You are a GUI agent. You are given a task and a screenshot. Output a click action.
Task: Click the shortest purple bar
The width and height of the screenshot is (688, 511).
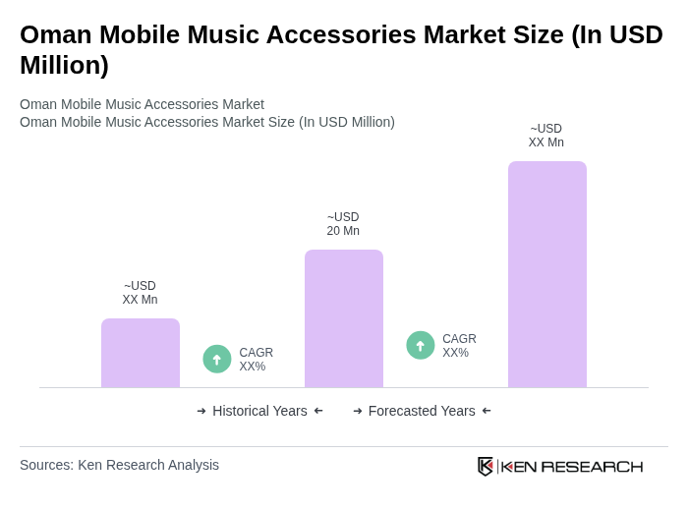[141, 353]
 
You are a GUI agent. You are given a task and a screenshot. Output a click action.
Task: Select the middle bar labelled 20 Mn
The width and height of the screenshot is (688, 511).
[343, 318]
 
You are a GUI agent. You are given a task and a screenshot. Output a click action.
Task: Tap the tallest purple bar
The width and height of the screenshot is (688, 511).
[546, 274]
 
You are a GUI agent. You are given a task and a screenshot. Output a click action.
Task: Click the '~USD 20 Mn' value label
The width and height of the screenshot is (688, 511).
[343, 224]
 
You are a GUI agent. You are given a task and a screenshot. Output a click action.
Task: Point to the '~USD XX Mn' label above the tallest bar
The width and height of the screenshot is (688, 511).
[546, 136]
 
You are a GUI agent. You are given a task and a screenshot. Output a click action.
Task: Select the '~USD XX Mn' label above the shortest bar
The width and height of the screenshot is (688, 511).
[140, 293]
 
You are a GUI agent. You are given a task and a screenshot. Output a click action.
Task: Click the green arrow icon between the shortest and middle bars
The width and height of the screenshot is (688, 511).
[217, 359]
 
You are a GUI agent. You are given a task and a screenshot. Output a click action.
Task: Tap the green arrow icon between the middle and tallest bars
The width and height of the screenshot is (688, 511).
[421, 345]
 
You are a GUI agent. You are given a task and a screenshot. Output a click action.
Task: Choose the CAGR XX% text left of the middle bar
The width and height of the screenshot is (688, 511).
[256, 360]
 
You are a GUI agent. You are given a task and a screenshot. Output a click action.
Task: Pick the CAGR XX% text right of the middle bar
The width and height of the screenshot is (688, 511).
[459, 346]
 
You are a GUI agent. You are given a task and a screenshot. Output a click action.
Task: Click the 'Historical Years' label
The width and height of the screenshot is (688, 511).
[259, 411]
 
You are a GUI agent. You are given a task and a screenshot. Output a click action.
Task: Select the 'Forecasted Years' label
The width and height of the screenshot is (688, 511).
[422, 411]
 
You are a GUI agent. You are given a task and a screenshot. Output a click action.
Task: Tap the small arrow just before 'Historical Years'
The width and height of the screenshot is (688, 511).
[201, 411]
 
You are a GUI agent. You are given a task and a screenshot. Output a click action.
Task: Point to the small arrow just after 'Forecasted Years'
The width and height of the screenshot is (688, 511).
[487, 411]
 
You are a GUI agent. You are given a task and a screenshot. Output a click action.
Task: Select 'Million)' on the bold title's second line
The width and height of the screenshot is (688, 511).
[64, 65]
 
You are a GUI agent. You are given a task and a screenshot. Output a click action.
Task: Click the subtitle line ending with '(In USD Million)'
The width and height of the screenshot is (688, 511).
[207, 122]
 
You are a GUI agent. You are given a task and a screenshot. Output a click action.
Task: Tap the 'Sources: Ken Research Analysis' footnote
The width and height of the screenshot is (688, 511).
[119, 465]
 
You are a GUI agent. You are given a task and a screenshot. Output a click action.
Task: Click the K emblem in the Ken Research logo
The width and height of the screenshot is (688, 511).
[486, 466]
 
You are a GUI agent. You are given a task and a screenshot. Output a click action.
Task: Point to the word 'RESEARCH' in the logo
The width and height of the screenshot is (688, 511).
[592, 466]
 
